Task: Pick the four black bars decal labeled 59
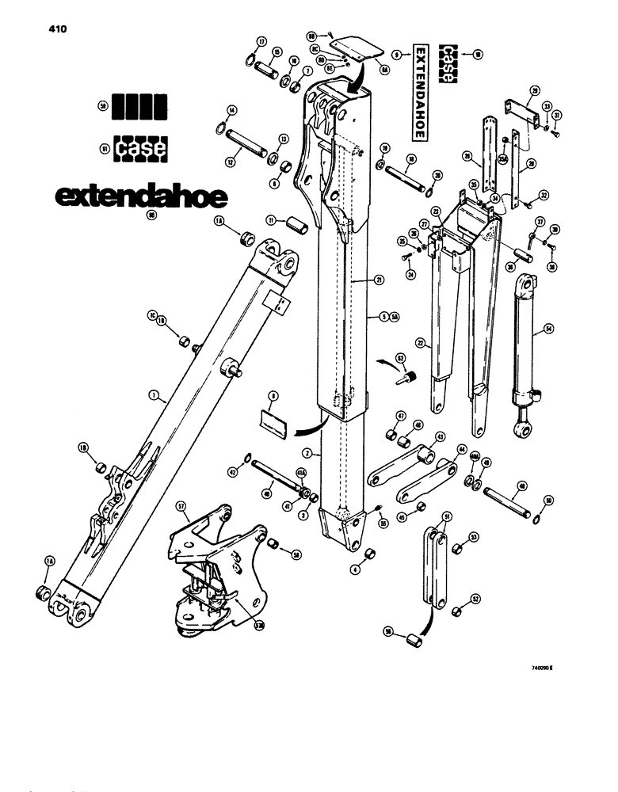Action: [139, 106]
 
